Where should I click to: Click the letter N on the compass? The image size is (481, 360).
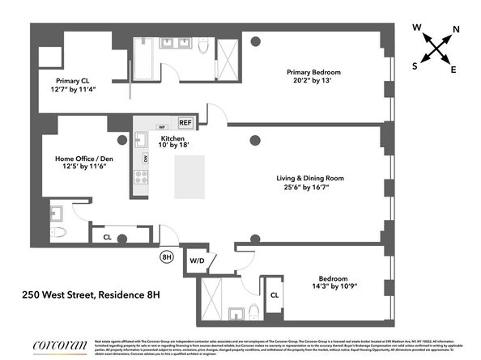[x=456, y=30]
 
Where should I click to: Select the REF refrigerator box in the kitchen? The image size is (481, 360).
[x=185, y=122]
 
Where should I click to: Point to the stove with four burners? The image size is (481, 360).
[x=140, y=180]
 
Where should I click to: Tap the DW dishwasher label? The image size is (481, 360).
[x=146, y=159]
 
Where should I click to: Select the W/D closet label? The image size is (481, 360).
[x=197, y=261]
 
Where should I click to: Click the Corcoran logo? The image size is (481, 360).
[x=59, y=346]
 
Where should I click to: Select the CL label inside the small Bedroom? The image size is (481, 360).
[x=274, y=295]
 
